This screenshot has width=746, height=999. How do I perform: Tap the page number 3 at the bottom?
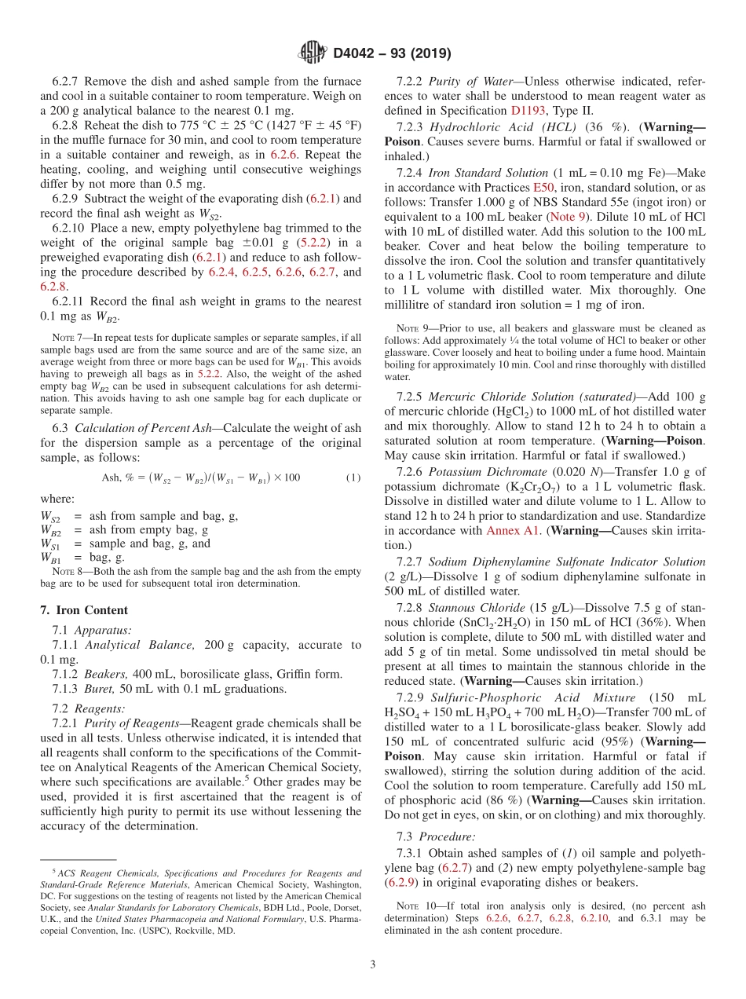373,964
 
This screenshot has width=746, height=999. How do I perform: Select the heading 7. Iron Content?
84,610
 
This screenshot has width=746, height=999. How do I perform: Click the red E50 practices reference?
543,187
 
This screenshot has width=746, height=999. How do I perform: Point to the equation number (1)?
353,478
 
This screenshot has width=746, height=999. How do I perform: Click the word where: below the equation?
57,499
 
